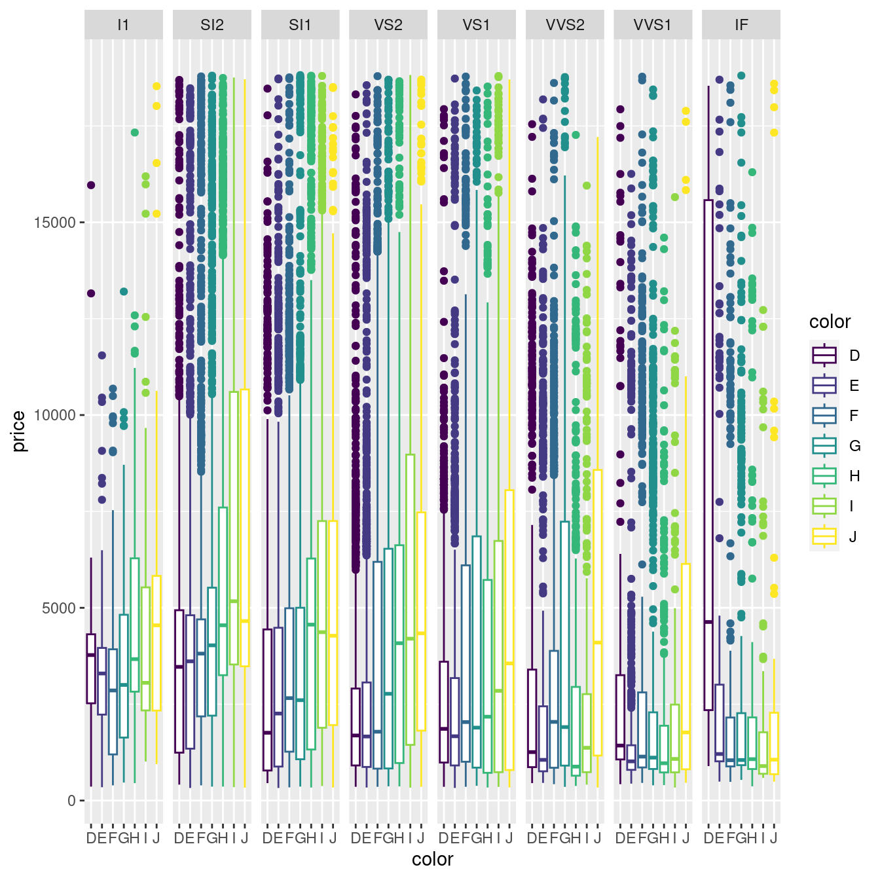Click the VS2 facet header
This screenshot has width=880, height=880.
pos(388,25)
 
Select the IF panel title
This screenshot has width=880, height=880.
pos(741,25)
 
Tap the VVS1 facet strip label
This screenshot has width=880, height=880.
pos(653,25)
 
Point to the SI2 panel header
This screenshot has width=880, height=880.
pos(212,25)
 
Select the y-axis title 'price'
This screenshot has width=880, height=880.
pos(18,431)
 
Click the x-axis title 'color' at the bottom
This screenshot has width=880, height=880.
pos(432,859)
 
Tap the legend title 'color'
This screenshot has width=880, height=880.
pos(830,321)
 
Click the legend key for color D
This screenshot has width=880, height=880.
pos(824,356)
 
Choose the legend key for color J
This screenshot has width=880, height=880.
pos(824,536)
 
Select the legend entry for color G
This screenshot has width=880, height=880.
pos(824,446)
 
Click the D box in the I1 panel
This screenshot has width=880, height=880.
pos(91,669)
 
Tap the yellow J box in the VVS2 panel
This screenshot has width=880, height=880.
pos(598,612)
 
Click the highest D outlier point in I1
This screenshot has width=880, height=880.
pos(91,185)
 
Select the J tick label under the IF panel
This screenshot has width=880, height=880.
pos(774,838)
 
